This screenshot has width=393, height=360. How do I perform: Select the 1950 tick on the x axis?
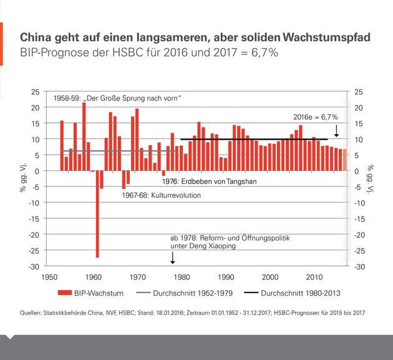pyautogui.click(x=49, y=276)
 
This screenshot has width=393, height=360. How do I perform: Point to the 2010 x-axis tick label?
pyautogui.click(x=314, y=276)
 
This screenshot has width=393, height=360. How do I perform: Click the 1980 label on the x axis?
pyautogui.click(x=182, y=276)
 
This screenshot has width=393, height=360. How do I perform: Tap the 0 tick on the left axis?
pyautogui.click(x=37, y=171)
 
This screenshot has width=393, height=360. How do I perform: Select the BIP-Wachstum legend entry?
pyautogui.click(x=87, y=291)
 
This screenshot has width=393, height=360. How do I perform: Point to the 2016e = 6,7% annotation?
pyautogui.click(x=315, y=117)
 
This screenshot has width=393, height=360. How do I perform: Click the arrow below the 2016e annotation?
pyautogui.click(x=337, y=130)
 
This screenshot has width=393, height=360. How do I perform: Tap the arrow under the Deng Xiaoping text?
pyautogui.click(x=173, y=258)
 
